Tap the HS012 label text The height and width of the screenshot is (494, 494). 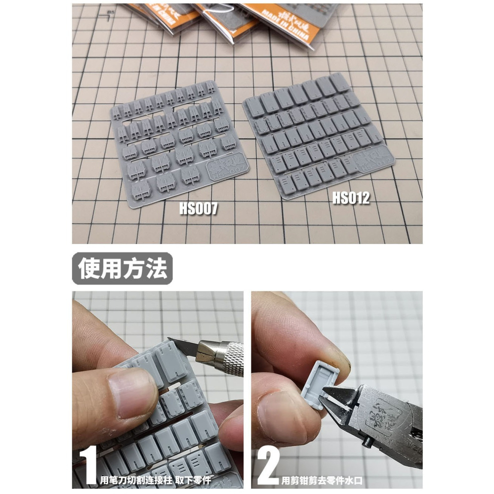pyautogui.click(x=350, y=198)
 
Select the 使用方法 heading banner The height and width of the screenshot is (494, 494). pyautogui.click(x=122, y=268)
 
